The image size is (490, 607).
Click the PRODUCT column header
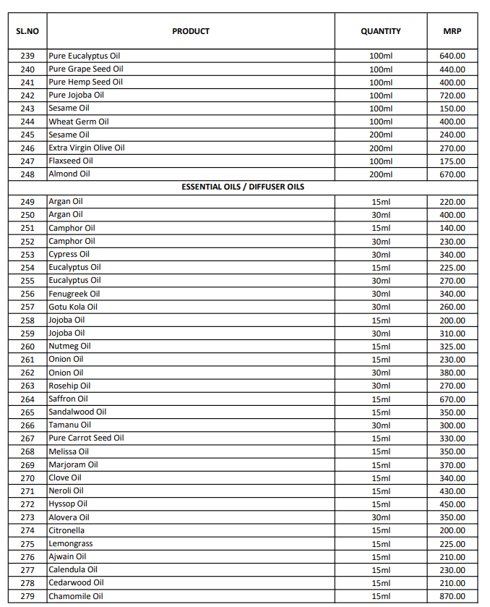(x=191, y=31)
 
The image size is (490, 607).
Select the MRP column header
(x=452, y=31)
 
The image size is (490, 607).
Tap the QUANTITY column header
(x=381, y=31)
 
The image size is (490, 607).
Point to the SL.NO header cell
(x=27, y=31)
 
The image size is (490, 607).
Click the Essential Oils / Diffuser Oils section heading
(x=243, y=187)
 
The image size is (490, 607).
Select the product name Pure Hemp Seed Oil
(x=85, y=82)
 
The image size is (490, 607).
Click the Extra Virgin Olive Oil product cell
(x=87, y=148)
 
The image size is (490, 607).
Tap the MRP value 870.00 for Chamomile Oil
(x=452, y=597)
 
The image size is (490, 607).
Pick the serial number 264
(x=27, y=399)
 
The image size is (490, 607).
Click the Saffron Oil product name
(x=68, y=399)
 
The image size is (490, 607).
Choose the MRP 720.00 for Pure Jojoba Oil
(x=452, y=95)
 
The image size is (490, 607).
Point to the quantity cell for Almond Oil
(x=381, y=174)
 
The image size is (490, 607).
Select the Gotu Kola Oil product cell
(x=73, y=307)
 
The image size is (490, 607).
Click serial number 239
(x=27, y=56)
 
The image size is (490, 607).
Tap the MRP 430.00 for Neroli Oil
(x=452, y=491)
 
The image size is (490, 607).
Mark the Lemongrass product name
(x=71, y=544)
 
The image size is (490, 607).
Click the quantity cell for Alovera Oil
(x=381, y=518)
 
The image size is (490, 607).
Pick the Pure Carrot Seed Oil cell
(x=86, y=438)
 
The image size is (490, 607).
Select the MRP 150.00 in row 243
(x=452, y=109)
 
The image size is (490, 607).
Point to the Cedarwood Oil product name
(x=76, y=583)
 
